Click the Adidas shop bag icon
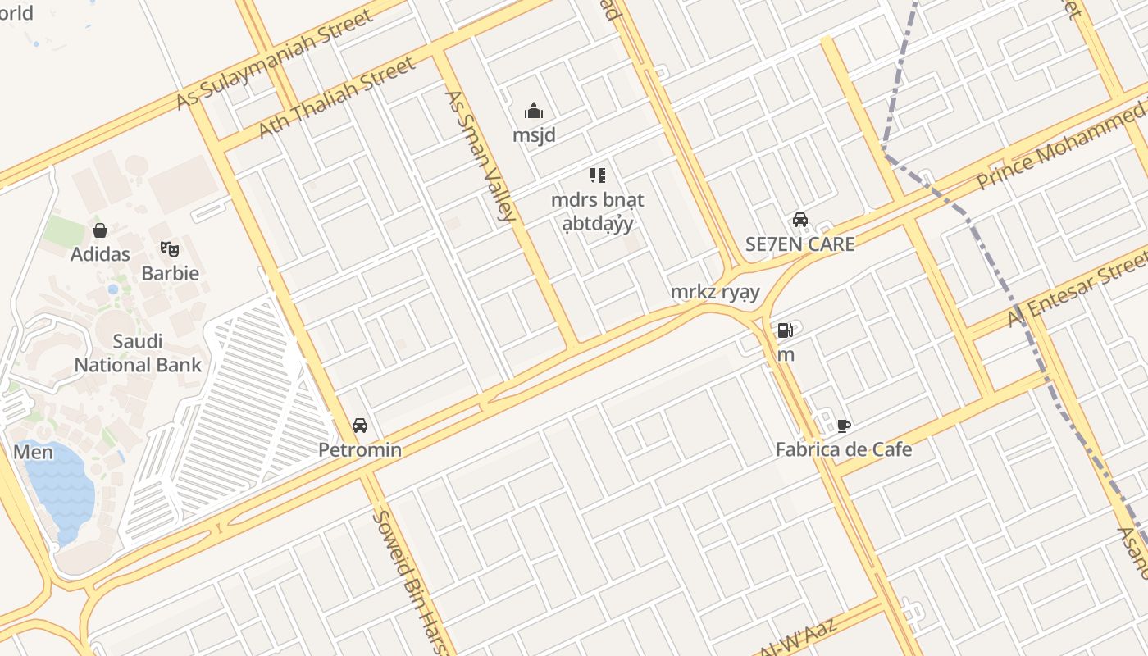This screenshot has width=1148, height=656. tap(100, 230)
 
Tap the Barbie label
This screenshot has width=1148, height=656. tap(171, 273)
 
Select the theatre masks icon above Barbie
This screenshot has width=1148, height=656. tap(170, 248)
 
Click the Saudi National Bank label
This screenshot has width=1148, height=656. tap(138, 353)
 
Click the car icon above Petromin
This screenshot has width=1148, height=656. tap(359, 426)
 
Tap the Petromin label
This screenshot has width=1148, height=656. tap(360, 450)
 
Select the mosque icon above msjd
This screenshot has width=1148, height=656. tap(534, 111)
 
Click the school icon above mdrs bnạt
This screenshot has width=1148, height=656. tap(598, 175)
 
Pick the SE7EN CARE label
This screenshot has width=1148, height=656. tap(799, 244)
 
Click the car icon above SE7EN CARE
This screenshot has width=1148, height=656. tap(799, 220)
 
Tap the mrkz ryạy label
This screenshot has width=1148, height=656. tap(715, 292)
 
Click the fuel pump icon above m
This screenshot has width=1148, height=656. tap(785, 330)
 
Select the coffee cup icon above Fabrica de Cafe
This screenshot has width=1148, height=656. tap(844, 426)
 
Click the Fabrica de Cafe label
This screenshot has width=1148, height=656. tap(844, 450)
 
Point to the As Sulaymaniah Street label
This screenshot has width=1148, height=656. tap(275, 60)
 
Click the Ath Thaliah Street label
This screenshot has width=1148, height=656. tap(337, 98)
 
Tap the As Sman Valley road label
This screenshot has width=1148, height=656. tap(480, 156)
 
